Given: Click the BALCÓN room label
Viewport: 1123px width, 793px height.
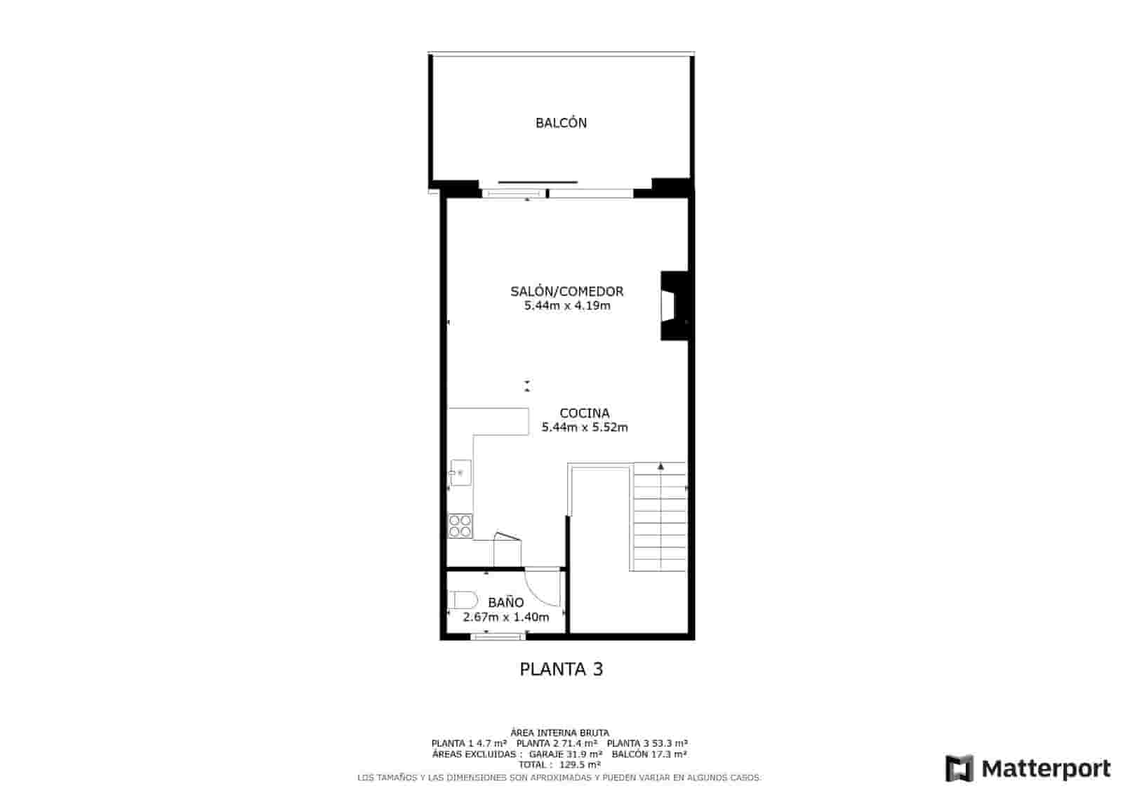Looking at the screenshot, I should click(561, 123).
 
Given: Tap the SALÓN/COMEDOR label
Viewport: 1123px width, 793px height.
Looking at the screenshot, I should click(566, 291).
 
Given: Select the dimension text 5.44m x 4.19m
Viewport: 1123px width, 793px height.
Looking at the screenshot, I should click(567, 306).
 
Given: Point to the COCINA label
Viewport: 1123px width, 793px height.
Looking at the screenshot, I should click(584, 413).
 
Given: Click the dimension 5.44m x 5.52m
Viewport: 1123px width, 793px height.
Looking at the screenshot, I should click(585, 427).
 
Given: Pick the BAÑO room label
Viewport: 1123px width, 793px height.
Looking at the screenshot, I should click(506, 602).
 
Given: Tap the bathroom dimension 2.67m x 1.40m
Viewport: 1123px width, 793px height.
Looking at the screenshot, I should click(505, 617).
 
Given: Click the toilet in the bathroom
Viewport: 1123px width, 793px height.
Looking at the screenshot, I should click(463, 601).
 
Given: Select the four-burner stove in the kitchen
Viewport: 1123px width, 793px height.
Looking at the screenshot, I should click(460, 526).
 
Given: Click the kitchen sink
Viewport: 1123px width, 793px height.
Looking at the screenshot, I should click(460, 473).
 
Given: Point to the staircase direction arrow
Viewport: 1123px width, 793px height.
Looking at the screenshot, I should click(660, 465).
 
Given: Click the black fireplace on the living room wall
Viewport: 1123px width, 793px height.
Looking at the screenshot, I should click(672, 306).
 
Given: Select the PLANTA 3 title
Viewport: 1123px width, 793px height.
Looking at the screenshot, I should click(561, 669).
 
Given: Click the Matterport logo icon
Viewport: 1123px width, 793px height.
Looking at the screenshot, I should click(959, 768).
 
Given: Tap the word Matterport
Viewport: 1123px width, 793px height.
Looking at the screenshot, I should click(1046, 768).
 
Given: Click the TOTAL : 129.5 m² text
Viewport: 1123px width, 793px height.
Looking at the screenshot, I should click(559, 765).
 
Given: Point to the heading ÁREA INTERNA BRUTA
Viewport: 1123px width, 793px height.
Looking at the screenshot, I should click(559, 733).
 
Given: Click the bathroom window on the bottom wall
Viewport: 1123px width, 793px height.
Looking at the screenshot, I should click(498, 637).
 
